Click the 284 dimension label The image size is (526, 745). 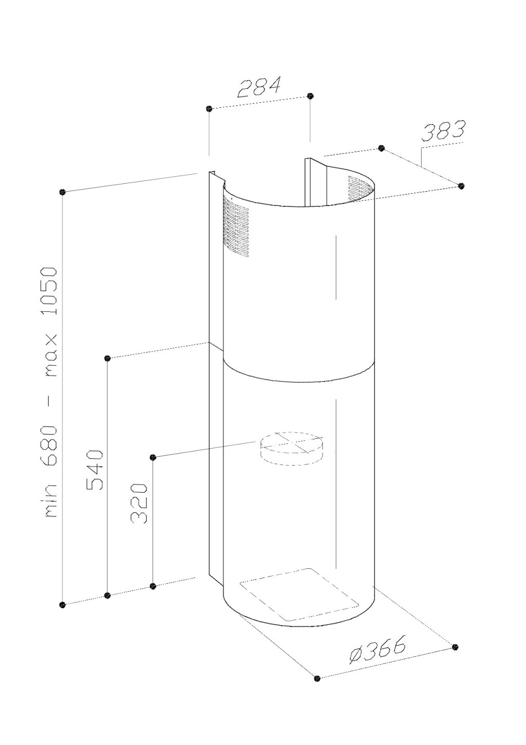259,87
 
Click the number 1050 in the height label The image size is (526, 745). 51,291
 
